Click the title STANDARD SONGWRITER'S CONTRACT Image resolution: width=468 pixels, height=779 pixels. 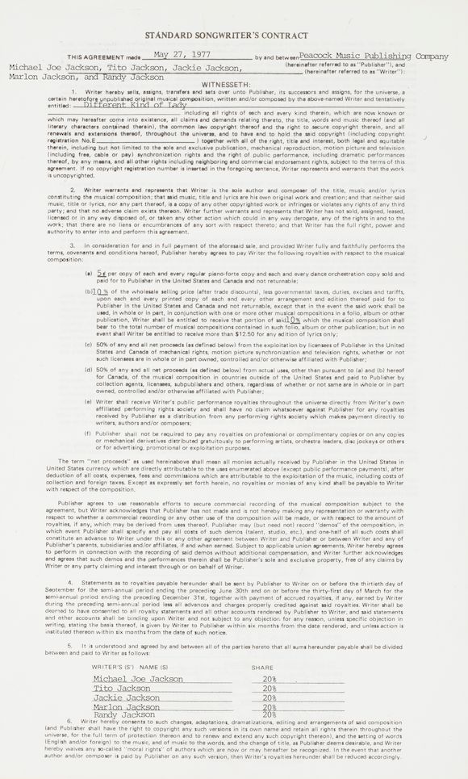pos(234,36)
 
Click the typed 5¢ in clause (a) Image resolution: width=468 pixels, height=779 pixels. pos(102,275)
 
